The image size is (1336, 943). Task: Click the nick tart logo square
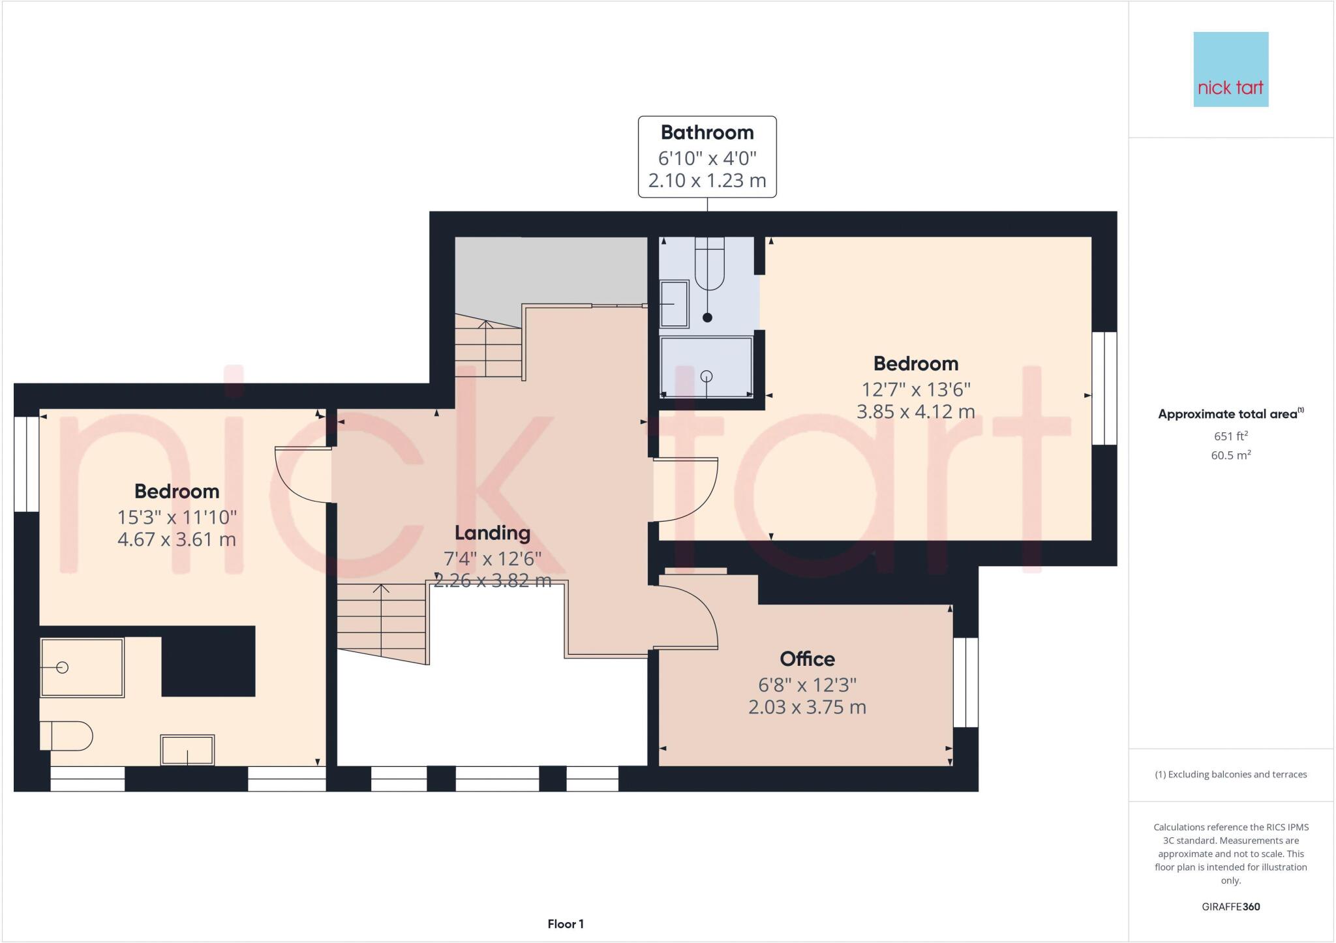point(1230,69)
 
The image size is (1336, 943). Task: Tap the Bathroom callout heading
point(707,132)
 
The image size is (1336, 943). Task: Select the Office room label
point(807,659)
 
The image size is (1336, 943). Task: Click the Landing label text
point(492,533)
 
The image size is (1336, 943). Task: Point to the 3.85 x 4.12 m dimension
point(915,412)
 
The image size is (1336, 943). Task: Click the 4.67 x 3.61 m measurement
point(176,539)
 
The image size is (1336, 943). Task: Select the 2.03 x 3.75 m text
point(807,707)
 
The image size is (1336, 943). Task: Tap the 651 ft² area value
point(1230,436)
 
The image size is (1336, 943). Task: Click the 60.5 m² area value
point(1230,455)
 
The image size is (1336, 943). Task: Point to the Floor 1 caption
point(565,923)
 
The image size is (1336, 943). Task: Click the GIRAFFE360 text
point(1230,906)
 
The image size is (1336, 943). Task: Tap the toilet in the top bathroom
point(709,264)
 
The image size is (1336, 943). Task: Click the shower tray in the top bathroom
point(706,367)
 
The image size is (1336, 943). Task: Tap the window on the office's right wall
point(965,682)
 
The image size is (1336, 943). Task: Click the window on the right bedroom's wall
point(1104,388)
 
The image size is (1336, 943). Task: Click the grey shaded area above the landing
point(551,269)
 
